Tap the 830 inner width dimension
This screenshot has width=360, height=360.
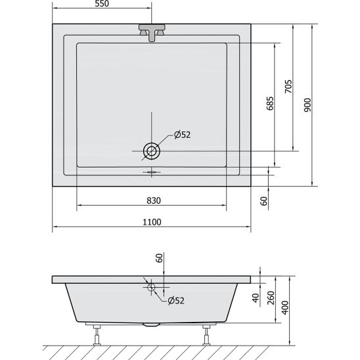point(151,200)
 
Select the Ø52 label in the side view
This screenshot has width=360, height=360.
point(176,301)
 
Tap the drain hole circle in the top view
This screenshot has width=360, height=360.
point(152,151)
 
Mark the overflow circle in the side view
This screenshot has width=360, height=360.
point(152,286)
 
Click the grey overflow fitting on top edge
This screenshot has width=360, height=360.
point(151,34)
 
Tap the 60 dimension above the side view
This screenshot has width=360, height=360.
point(158,258)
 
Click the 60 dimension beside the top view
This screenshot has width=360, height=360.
point(263,202)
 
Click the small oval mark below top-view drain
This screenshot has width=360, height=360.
point(152,173)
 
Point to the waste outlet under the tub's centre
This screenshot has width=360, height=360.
point(152,325)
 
